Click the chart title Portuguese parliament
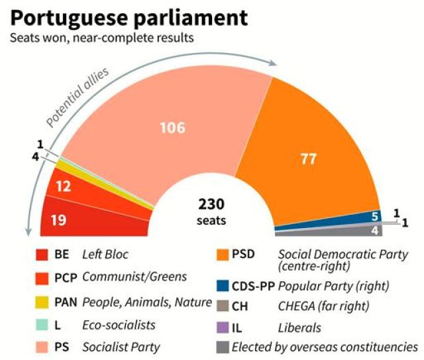click(x=129, y=17)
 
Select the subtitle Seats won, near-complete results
click(x=101, y=38)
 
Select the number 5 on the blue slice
click(x=374, y=215)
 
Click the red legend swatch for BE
click(x=42, y=253)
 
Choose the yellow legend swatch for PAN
click(x=42, y=302)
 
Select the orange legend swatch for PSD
click(x=222, y=253)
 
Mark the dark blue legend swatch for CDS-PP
click(x=222, y=286)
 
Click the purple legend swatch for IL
click(x=222, y=328)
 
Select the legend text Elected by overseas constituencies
click(x=348, y=346)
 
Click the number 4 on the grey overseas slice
click(x=374, y=231)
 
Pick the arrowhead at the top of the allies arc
click(x=272, y=64)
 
